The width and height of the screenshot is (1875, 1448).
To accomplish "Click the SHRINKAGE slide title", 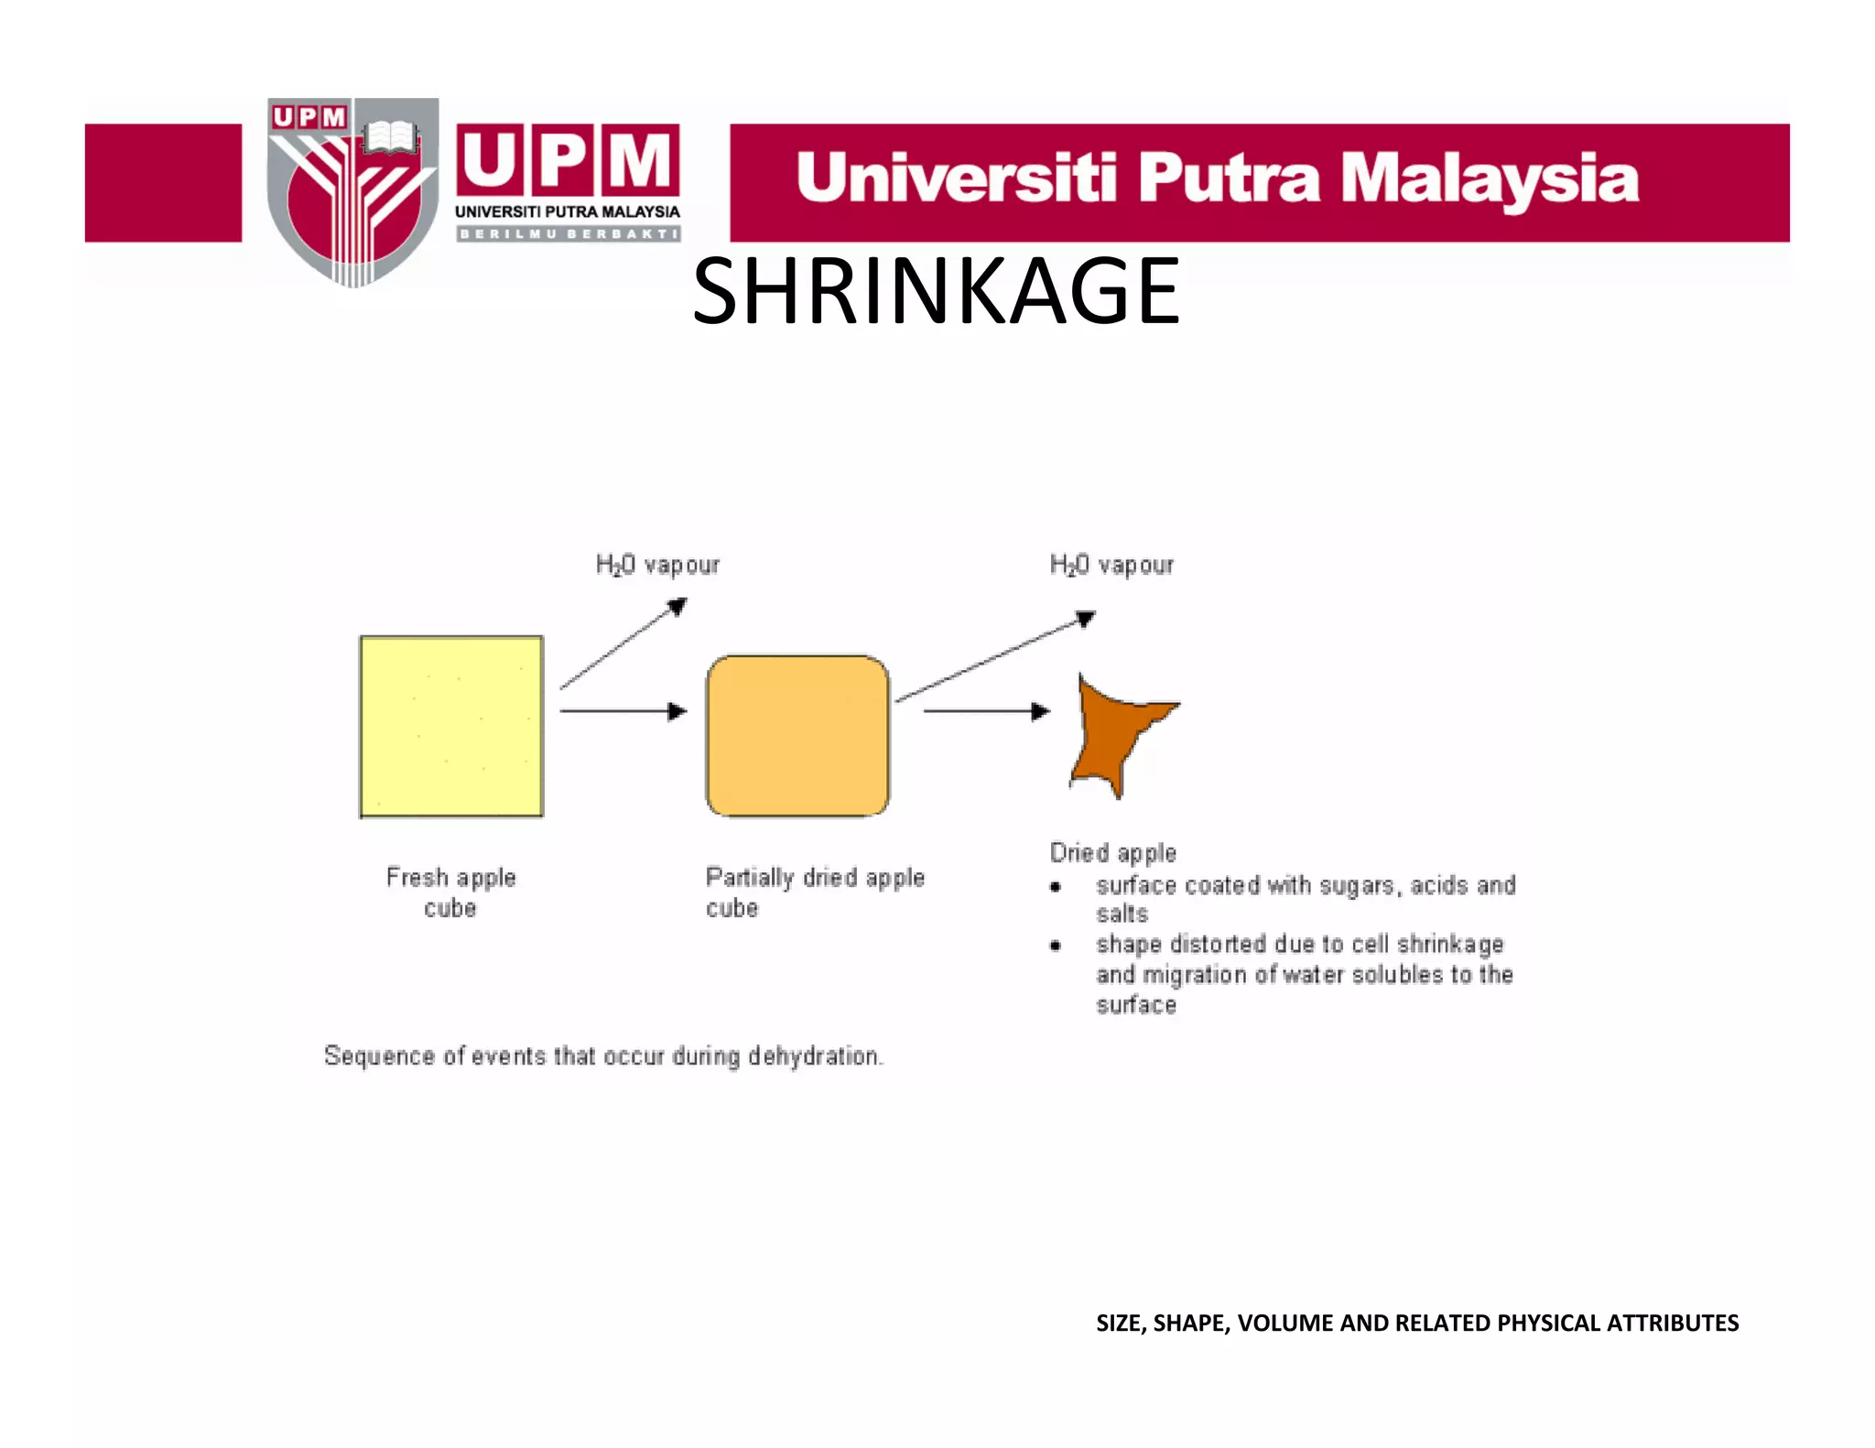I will point(936,291).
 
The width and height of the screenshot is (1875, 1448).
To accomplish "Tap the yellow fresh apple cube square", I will point(451,726).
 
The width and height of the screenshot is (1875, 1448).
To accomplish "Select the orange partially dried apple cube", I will point(797,735).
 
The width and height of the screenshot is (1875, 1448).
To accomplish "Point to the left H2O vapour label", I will point(657,565).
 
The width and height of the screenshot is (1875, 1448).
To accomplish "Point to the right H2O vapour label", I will point(1111,565).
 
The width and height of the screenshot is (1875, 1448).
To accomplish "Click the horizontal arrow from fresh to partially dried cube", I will point(623,711).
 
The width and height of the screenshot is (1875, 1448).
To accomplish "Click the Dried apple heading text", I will point(1112,853).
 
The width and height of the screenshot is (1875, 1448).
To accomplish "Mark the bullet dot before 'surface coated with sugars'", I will point(1056,886).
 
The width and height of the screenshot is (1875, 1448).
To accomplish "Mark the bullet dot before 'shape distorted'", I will point(1056,946).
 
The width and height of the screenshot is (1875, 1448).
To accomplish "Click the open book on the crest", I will point(390,138).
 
